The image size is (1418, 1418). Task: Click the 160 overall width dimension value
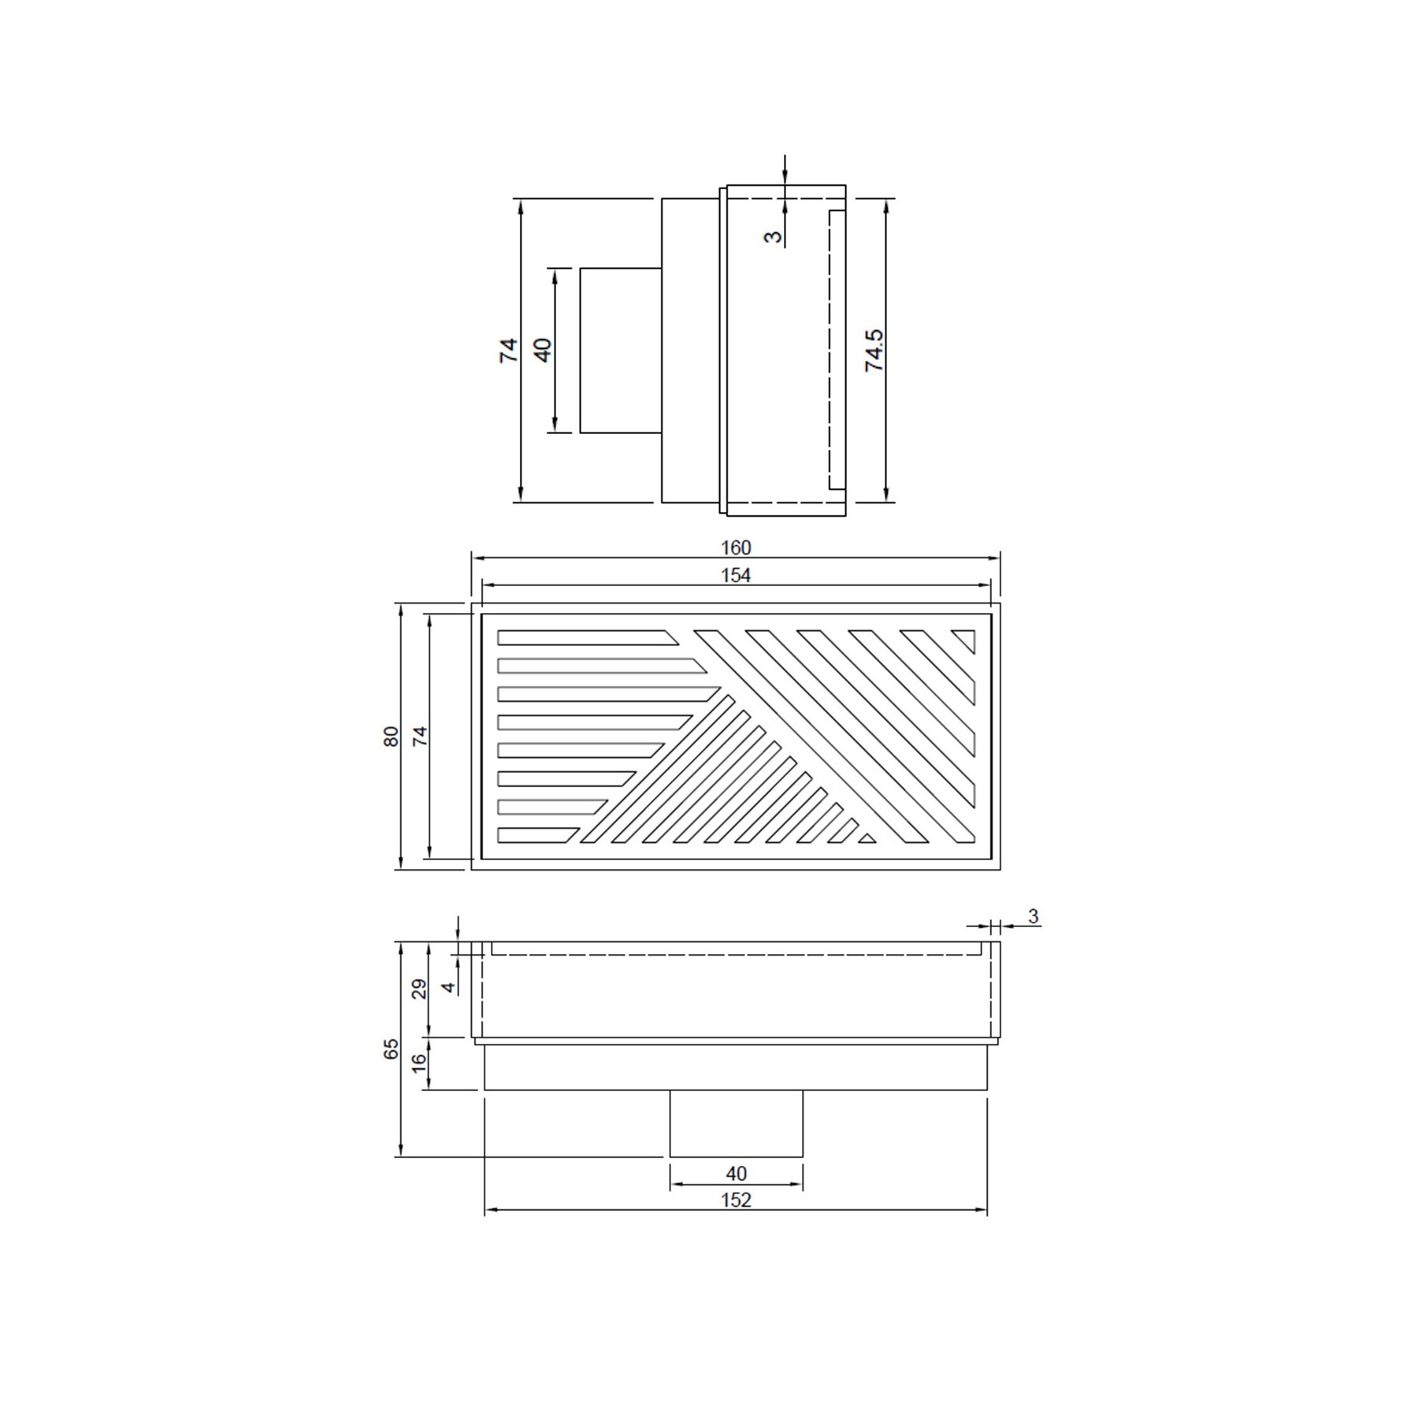click(736, 548)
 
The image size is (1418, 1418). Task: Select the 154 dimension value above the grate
click(736, 576)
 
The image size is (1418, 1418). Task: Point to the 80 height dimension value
click(392, 737)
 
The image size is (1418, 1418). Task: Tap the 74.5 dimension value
click(874, 351)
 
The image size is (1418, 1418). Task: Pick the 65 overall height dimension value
click(392, 1049)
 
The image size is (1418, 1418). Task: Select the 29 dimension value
click(420, 989)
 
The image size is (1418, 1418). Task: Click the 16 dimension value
click(420, 1060)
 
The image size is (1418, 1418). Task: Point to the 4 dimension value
click(448, 987)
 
